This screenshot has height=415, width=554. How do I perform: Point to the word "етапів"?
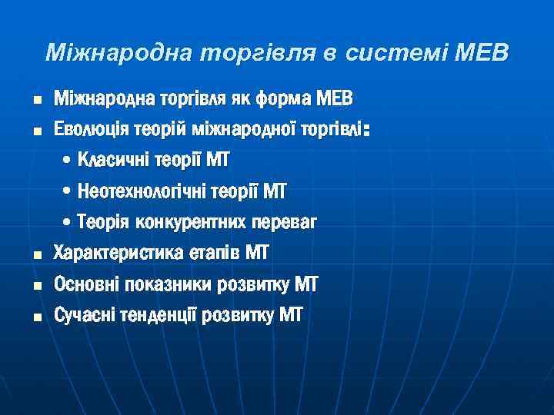215,253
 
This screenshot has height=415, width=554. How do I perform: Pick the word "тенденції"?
158,315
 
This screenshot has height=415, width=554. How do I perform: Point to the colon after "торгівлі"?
367,132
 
